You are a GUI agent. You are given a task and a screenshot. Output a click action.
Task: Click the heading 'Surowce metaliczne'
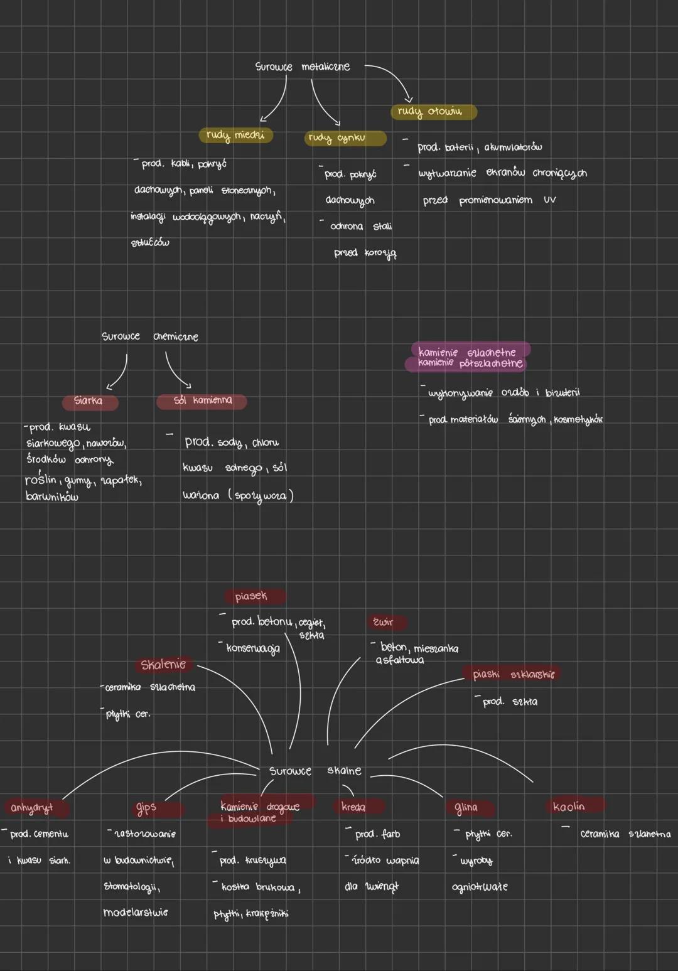(303, 67)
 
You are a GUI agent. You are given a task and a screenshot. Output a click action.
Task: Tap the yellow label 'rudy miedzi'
(235, 135)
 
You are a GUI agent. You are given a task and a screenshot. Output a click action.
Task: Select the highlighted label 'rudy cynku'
(337, 138)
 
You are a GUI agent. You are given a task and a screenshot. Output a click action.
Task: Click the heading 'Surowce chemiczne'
(150, 336)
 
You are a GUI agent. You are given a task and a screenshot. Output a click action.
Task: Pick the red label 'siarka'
(89, 400)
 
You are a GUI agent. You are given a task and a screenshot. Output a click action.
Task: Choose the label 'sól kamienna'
(202, 400)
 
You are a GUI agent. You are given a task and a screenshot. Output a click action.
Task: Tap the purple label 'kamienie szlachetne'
(467, 352)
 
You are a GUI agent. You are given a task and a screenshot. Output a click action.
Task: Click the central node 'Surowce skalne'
(315, 770)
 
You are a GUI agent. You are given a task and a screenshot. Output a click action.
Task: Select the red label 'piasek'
(251, 596)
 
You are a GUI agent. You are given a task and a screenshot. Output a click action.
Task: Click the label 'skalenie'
(163, 665)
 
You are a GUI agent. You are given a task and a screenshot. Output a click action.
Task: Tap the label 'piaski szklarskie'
(514, 674)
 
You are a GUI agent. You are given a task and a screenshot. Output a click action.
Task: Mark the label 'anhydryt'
(31, 807)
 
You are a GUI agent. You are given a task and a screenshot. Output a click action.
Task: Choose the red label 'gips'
(146, 808)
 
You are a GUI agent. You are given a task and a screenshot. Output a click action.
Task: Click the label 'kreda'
(353, 807)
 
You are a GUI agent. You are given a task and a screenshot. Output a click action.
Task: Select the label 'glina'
(466, 807)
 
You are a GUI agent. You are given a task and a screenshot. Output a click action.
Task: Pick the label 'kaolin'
(569, 806)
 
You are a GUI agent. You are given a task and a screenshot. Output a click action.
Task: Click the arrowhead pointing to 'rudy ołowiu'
(409, 99)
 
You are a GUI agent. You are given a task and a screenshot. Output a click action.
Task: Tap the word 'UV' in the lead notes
(550, 200)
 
